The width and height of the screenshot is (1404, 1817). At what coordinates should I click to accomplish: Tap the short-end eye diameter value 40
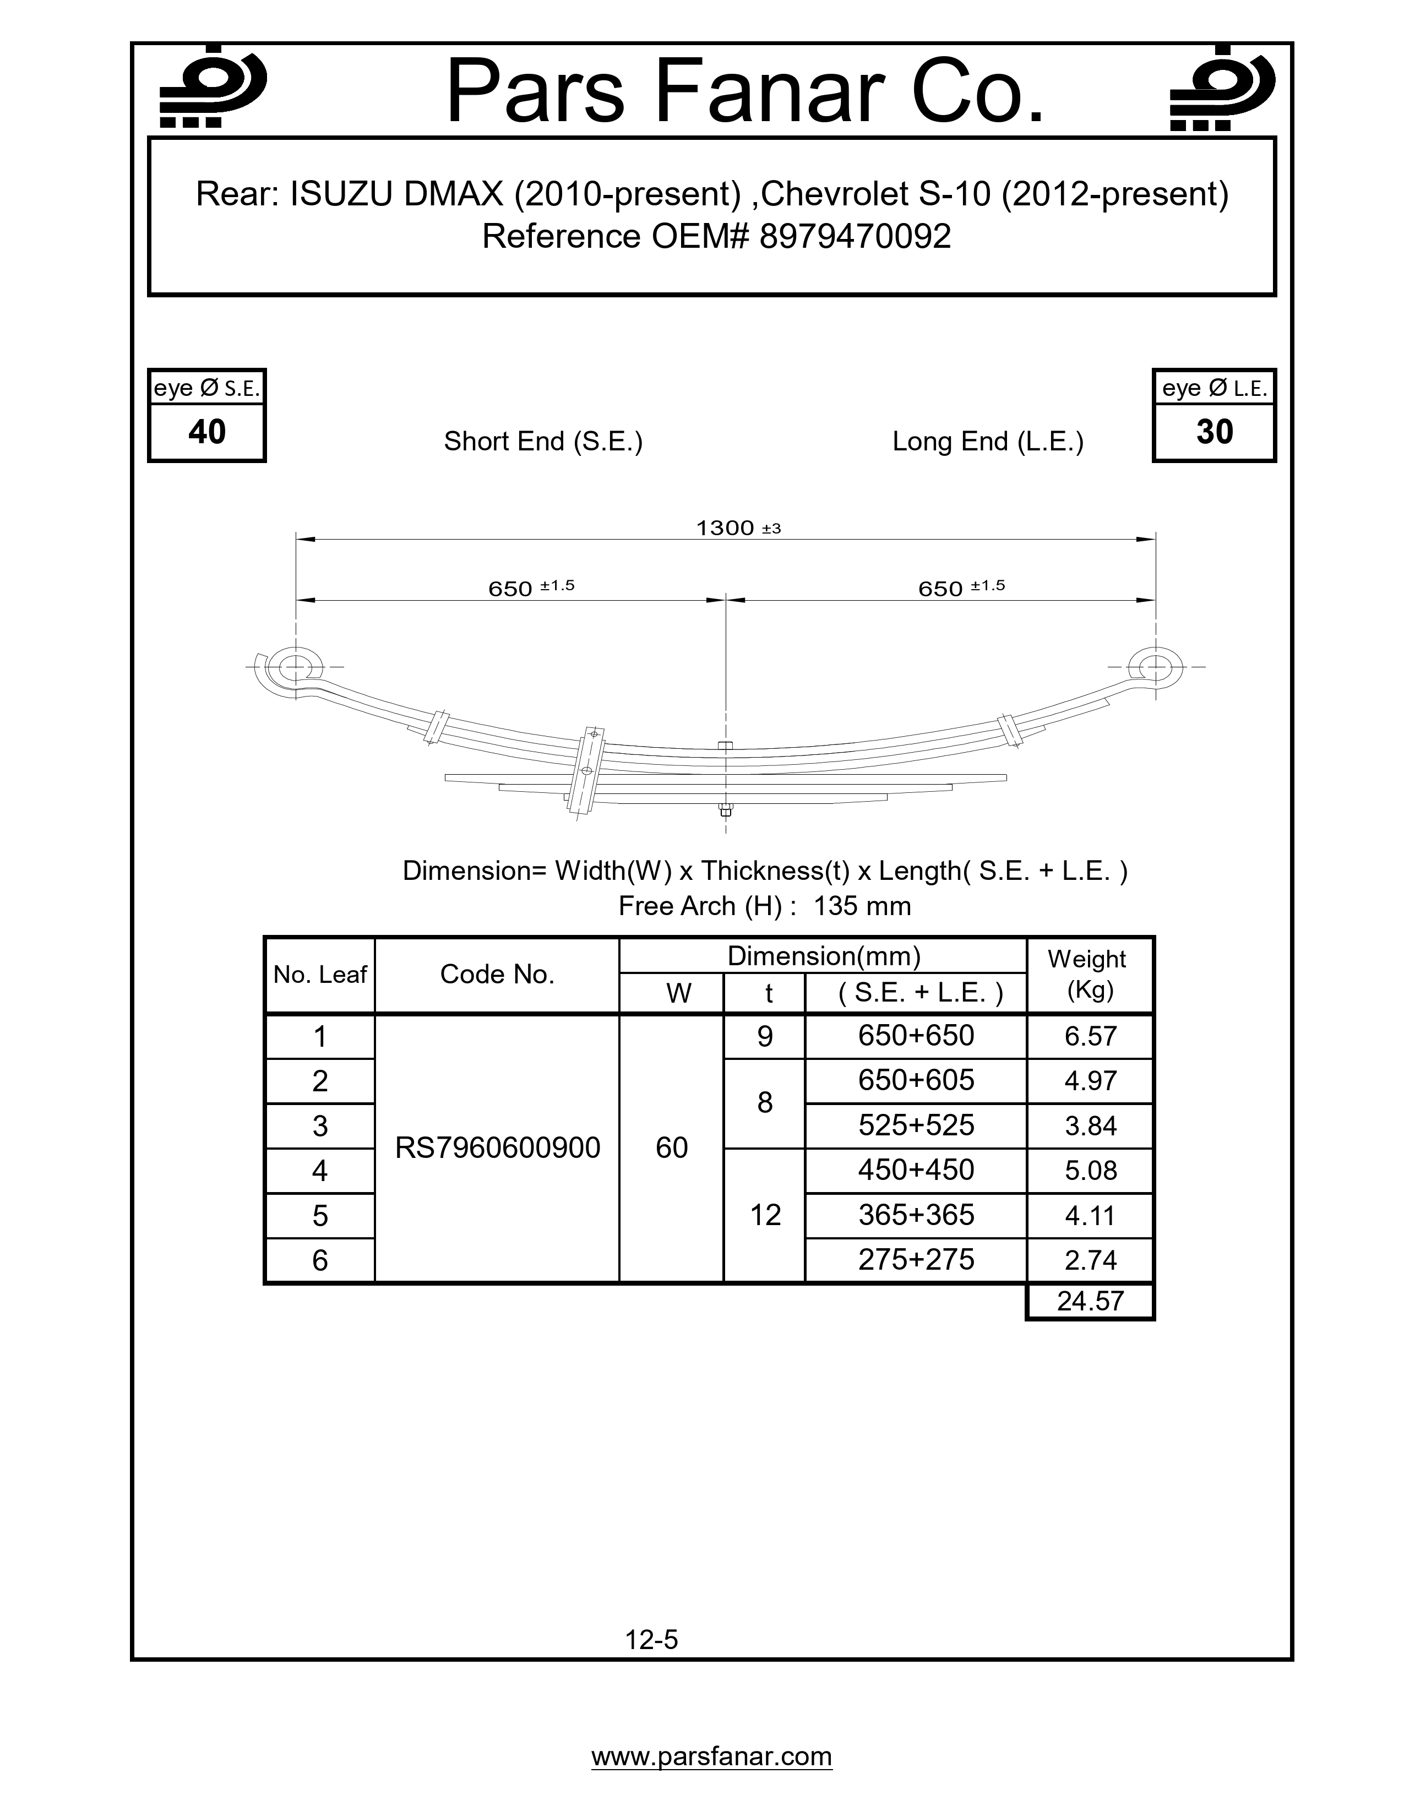(x=207, y=432)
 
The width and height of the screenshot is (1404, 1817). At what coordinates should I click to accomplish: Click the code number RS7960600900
(x=497, y=1148)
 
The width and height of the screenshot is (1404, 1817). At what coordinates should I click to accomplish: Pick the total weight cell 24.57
(x=1090, y=1301)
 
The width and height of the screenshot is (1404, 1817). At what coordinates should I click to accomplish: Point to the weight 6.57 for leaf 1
(x=1090, y=1037)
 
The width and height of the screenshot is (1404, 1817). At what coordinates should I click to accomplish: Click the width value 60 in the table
(x=671, y=1148)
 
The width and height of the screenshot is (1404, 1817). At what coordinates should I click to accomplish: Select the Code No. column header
(x=497, y=974)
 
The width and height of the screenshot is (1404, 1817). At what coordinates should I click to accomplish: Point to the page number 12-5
(x=651, y=1640)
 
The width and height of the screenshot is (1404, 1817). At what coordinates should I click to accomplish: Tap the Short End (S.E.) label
(x=543, y=441)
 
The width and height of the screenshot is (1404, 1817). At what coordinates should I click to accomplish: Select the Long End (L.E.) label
(x=988, y=441)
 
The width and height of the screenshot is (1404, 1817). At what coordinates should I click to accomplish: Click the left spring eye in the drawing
(x=295, y=666)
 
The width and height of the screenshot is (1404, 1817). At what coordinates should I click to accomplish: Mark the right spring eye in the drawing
(x=1155, y=666)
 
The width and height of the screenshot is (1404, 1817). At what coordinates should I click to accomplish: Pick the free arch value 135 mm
(x=862, y=906)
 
